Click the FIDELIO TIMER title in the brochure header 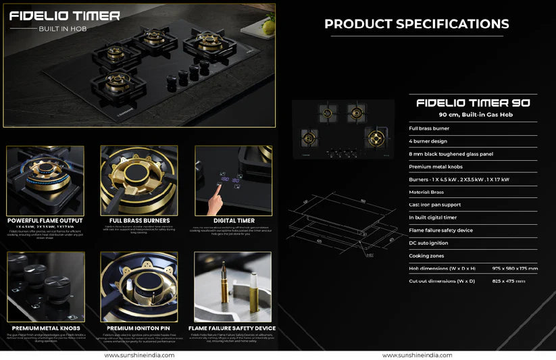pos(65,16)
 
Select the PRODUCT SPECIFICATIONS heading pos(416,24)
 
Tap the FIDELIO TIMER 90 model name pos(473,103)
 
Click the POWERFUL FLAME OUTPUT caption pos(45,220)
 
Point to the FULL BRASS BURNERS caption pos(138,220)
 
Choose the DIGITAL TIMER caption pos(233,220)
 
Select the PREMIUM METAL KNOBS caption pos(45,328)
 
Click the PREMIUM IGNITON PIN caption pos(138,328)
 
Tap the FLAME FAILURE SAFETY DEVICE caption pos(233,328)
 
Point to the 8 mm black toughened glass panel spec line pos(451,154)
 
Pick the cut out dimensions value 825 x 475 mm pos(508,281)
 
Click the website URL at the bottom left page pos(139,355)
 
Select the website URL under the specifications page pos(417,355)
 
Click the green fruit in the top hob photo pos(269,27)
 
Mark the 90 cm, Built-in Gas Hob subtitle pos(473,115)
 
